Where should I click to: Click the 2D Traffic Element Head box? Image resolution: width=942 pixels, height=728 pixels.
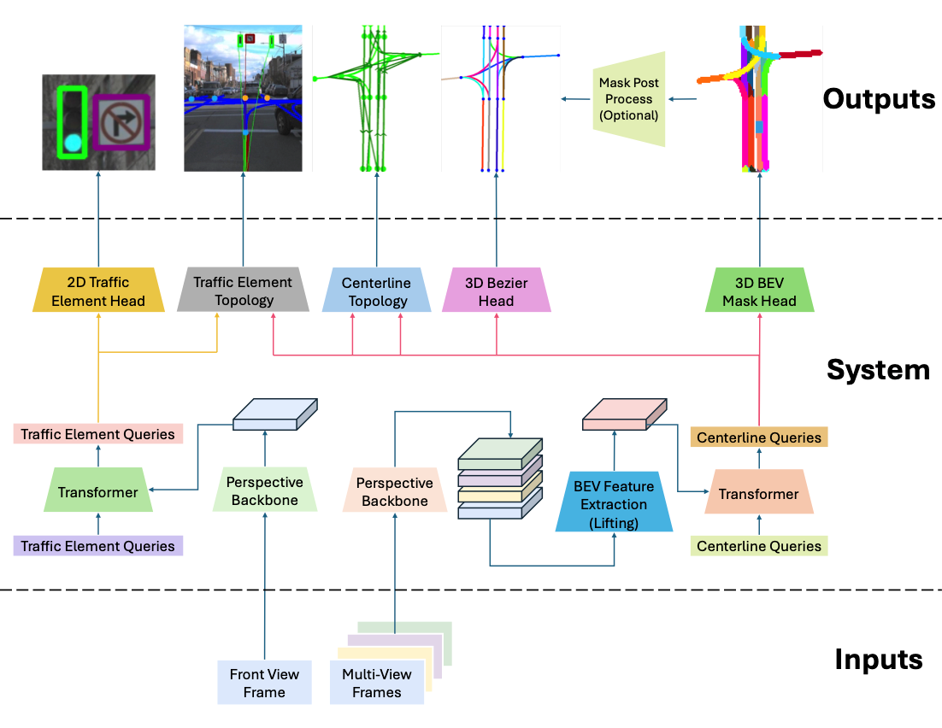pyautogui.click(x=98, y=291)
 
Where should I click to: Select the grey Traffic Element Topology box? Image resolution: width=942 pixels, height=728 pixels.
pyautogui.click(x=243, y=291)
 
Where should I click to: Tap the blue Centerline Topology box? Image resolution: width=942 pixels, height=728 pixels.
pyautogui.click(x=376, y=291)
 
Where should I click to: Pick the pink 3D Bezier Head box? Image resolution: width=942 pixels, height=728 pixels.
pyautogui.click(x=496, y=291)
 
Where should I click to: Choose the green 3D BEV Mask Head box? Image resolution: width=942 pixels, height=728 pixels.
pyautogui.click(x=759, y=291)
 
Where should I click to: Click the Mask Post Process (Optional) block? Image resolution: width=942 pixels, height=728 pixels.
pyautogui.click(x=628, y=99)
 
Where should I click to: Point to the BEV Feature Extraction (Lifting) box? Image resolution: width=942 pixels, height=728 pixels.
pyautogui.click(x=614, y=504)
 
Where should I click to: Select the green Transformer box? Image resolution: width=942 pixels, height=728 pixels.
pyautogui.click(x=98, y=492)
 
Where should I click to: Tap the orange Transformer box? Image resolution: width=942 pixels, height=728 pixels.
pyautogui.click(x=759, y=494)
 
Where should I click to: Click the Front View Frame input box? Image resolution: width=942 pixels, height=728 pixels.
pyautogui.click(x=264, y=683)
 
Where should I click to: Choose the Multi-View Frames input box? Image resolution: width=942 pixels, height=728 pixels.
pyautogui.click(x=377, y=683)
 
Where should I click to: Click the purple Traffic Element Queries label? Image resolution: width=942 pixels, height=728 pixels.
pyautogui.click(x=98, y=546)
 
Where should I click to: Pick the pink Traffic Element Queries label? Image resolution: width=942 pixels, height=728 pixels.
pyautogui.click(x=98, y=434)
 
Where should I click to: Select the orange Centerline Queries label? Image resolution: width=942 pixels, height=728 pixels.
pyautogui.click(x=759, y=437)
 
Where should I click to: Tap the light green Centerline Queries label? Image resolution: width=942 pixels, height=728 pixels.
pyautogui.click(x=759, y=546)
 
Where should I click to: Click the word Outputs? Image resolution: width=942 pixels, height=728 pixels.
pyautogui.click(x=879, y=99)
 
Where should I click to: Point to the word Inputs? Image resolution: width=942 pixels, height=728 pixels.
pyautogui.click(x=879, y=660)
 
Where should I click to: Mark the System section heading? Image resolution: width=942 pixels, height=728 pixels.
pyautogui.click(x=878, y=370)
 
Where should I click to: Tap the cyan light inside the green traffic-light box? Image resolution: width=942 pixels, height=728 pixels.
pyautogui.click(x=74, y=143)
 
